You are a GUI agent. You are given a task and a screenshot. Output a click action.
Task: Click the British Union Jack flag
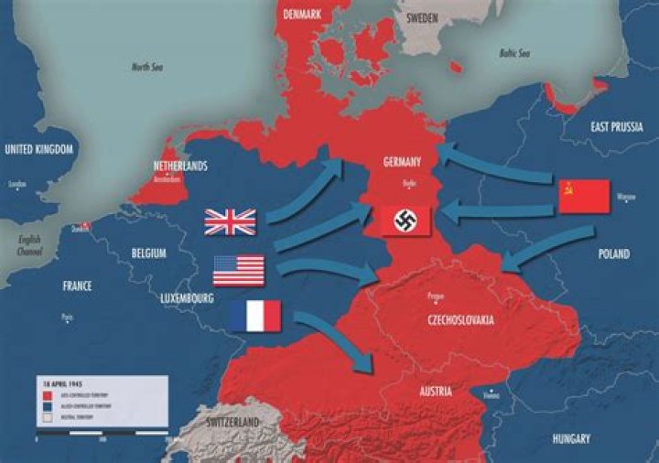230,221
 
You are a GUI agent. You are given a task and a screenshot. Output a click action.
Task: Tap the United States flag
238,270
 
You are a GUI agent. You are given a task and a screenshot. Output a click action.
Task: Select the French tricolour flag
255,317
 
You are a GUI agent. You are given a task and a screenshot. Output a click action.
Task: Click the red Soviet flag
584,196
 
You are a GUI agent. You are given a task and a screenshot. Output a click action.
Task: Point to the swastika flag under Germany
405,221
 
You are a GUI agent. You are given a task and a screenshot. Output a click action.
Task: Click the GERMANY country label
403,162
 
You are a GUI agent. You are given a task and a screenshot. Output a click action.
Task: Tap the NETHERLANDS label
180,167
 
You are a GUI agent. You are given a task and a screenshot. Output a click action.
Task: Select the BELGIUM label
148,253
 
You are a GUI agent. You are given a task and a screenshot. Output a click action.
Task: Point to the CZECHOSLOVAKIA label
460,320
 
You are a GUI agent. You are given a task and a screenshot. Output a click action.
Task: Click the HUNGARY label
571,439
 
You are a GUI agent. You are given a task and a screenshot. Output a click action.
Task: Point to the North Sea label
151,67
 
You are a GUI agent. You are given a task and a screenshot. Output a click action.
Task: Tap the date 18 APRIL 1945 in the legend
56,379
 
